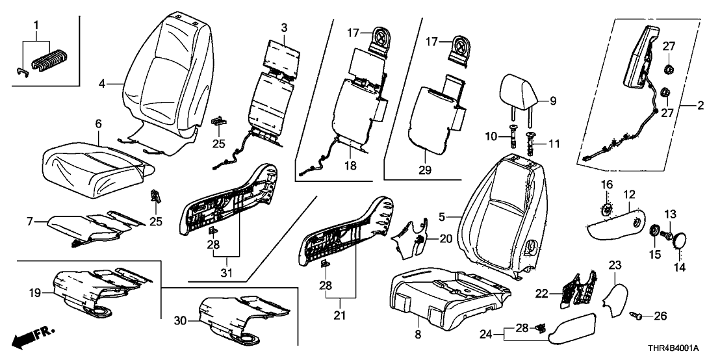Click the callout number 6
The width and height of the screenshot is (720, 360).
pos(99,123)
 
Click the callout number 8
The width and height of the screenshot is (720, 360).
pos(418,335)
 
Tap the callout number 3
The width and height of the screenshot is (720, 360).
pos(283,27)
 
